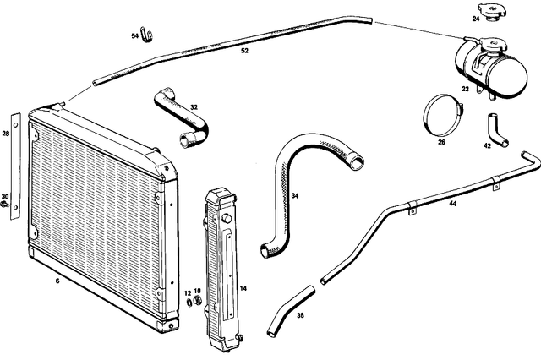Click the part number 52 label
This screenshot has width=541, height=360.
(244, 52)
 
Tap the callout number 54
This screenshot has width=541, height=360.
(134, 36)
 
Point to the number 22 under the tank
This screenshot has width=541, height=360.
(465, 87)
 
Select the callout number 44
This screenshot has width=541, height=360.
(454, 204)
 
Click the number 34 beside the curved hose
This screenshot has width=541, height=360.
(294, 196)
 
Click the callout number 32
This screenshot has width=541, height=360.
(194, 107)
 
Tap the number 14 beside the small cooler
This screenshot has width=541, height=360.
(242, 288)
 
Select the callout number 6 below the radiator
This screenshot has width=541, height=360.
(57, 280)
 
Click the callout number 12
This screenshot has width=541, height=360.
(189, 292)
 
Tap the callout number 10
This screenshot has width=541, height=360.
(198, 292)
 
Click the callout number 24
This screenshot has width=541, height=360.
(476, 19)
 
